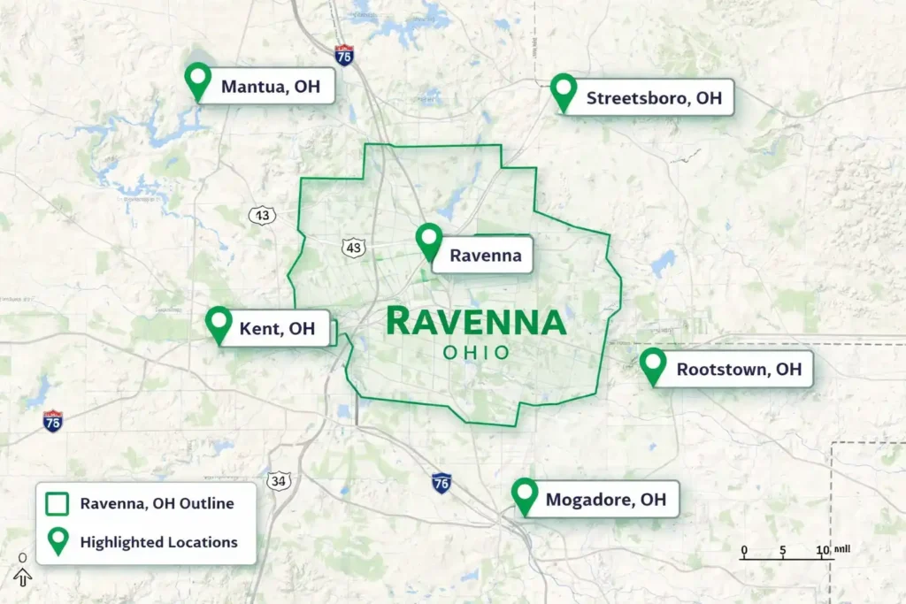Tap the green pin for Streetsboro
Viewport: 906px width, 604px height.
pos(564,91)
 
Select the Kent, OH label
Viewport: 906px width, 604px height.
pos(278,329)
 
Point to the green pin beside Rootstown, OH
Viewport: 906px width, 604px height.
pos(653,364)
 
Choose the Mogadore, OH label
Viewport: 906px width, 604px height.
pos(606,500)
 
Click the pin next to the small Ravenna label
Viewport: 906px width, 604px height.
pos(429,241)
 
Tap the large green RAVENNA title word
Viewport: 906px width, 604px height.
pos(476,322)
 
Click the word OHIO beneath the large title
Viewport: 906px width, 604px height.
pos(476,353)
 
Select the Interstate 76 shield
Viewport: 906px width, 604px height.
pos(441,483)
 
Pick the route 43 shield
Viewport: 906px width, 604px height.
pos(354,248)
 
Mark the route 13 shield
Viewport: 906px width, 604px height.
pos(261,215)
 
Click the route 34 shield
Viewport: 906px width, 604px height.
pos(280,481)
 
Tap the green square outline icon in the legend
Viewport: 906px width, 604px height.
pos(58,504)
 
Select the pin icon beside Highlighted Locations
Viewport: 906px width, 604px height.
pos(58,541)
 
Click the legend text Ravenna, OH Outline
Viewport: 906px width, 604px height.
pos(157,504)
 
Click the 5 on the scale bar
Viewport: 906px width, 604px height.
pos(783,551)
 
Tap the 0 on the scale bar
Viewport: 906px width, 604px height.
pos(744,551)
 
